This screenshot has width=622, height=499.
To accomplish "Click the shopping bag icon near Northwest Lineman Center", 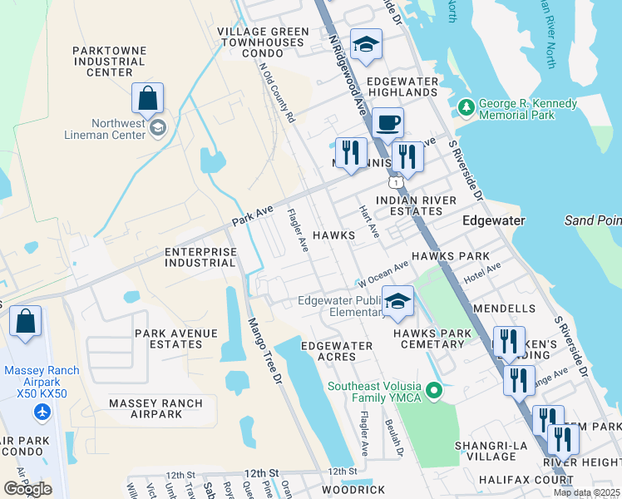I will (x=147, y=99).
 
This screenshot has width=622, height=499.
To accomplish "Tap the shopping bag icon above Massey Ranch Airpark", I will (x=25, y=322).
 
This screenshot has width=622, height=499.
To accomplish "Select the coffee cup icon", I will (x=388, y=124).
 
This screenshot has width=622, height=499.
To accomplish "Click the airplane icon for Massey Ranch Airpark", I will (x=42, y=411).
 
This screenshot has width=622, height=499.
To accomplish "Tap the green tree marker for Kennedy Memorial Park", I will (x=465, y=108).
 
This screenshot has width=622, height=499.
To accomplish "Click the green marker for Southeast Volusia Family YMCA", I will (x=432, y=389).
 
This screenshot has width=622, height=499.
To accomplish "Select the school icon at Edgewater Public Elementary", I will (x=398, y=302).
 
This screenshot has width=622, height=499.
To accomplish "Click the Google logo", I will (x=27, y=489).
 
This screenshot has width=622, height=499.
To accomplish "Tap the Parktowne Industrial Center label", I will (x=109, y=62).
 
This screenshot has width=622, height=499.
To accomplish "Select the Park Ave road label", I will (x=253, y=217).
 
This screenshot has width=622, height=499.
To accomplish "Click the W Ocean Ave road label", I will (x=383, y=271).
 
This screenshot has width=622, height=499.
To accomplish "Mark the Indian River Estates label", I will (x=416, y=206).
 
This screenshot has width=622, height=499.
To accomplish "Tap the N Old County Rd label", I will (x=278, y=93).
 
